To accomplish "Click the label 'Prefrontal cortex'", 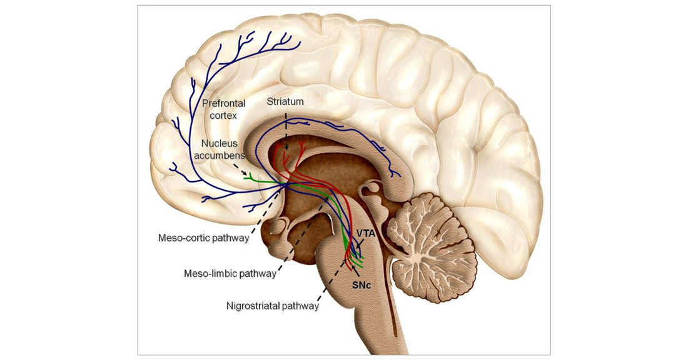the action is (x=223, y=109).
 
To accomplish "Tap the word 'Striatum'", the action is (x=285, y=101).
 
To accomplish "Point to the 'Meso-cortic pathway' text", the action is (x=204, y=238).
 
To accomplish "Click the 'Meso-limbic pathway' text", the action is (x=230, y=274).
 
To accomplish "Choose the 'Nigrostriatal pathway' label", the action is (x=273, y=306).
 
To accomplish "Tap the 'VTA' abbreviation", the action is (x=365, y=233).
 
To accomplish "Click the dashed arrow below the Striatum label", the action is (x=286, y=131).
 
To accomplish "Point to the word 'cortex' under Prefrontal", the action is (x=223, y=116).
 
